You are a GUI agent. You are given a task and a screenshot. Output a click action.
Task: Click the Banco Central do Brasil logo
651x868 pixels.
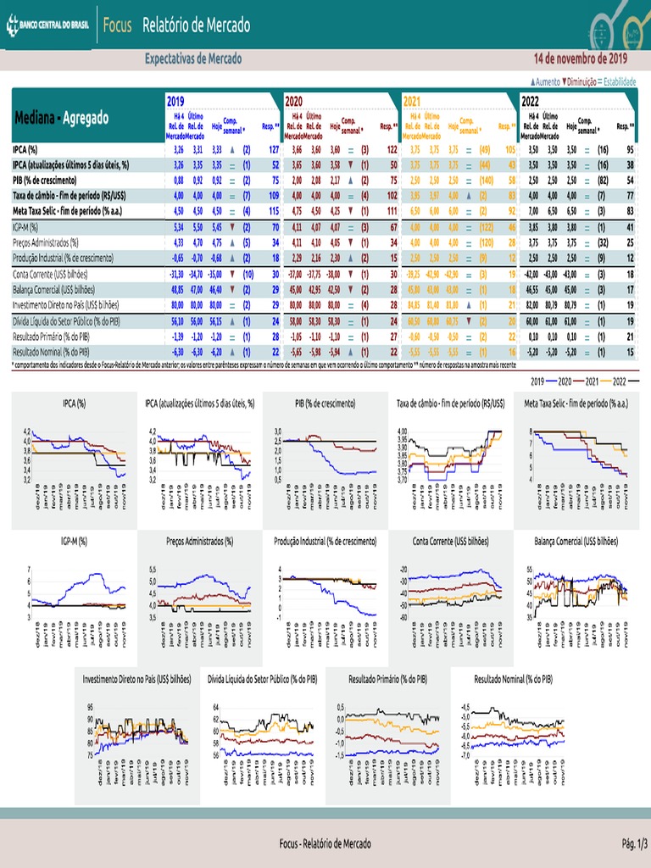tap(48, 25)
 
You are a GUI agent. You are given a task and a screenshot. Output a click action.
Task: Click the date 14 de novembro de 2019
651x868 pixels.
tap(581, 59)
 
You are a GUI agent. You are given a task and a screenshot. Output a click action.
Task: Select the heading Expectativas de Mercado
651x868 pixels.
tap(193, 59)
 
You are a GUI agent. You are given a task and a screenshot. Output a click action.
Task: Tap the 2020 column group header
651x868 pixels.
tap(295, 100)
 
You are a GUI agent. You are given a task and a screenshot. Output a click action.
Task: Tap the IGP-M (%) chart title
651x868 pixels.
tap(75, 539)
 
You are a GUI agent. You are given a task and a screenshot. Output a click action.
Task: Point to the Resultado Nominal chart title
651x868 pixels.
tap(513, 679)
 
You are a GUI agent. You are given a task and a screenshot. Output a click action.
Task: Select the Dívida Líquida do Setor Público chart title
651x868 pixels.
tap(263, 679)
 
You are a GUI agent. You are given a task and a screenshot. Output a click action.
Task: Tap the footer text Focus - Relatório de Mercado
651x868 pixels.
tap(325, 844)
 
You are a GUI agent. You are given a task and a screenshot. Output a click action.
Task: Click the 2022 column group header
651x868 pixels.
tap(530, 100)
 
